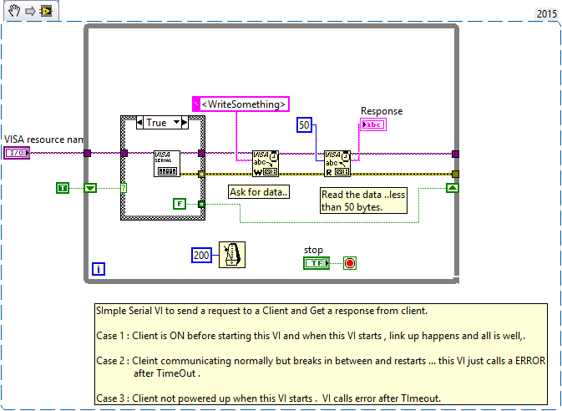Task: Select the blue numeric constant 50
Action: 305,126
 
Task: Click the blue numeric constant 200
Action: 201,255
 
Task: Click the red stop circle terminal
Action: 350,263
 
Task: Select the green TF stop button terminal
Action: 316,263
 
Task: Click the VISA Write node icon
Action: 266,164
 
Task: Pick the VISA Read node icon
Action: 337,164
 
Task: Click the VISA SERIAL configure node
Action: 166,164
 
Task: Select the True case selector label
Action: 156,123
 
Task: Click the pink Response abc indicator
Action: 372,125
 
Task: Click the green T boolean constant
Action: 62,188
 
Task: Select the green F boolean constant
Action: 180,203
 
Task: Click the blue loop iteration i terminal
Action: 99,269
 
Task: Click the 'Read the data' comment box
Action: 362,200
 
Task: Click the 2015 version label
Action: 545,15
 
